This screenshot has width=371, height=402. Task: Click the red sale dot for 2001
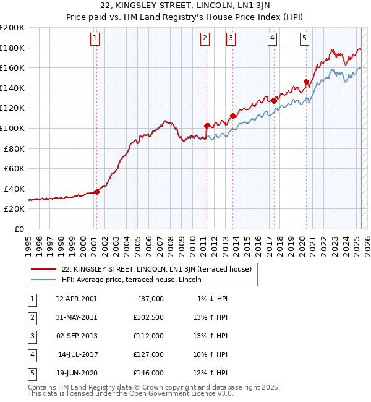[x=96, y=192]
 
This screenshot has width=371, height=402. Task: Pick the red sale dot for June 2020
[x=306, y=82]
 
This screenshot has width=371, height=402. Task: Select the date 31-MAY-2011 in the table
[x=76, y=317]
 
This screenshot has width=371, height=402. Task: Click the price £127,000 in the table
[x=148, y=354]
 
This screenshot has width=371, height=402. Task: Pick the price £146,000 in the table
[x=148, y=373]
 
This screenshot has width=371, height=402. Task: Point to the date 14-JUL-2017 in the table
[x=77, y=354]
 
